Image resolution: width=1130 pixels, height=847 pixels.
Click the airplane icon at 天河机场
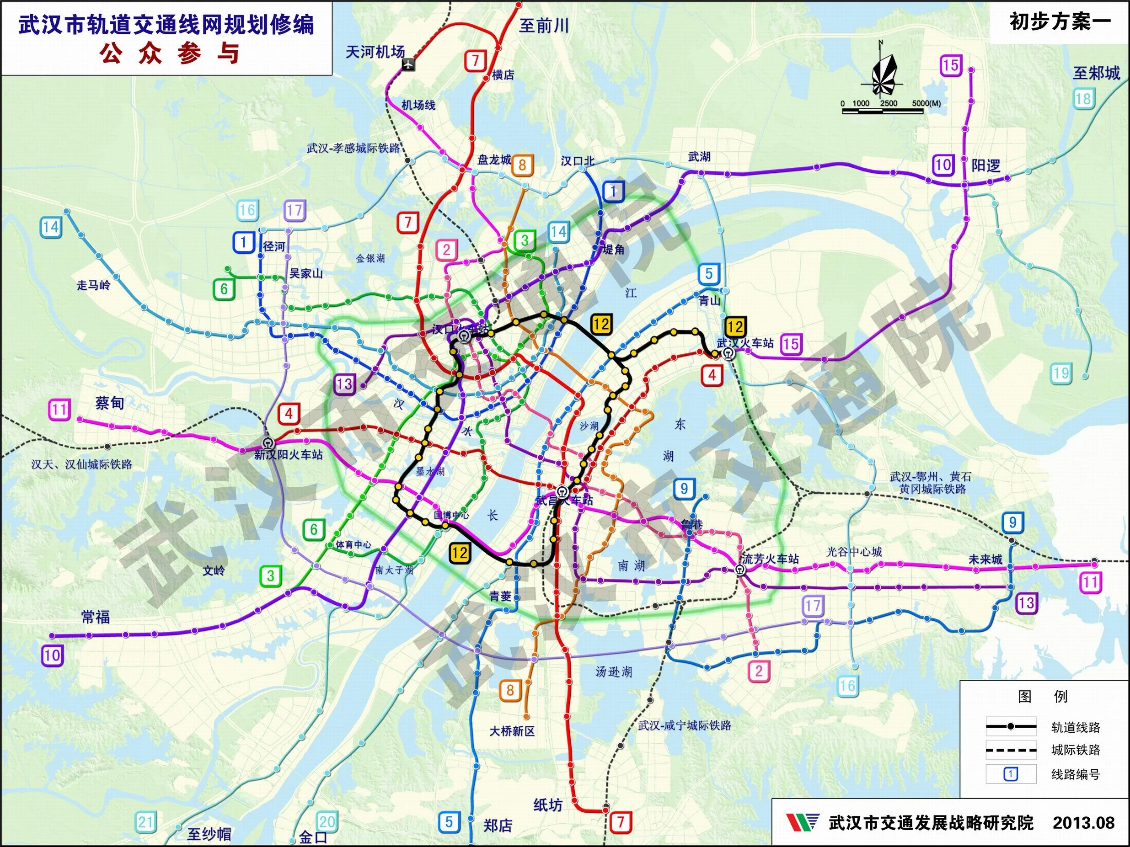point(409,64)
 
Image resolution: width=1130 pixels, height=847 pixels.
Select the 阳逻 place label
point(985,166)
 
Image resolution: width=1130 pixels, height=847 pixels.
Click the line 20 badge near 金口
point(327,821)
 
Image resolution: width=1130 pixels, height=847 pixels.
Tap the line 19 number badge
point(1060,373)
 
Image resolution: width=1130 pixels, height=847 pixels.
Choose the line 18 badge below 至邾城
point(1082,99)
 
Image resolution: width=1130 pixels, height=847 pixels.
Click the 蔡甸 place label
point(109,403)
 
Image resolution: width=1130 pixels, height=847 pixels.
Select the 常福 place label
point(96,617)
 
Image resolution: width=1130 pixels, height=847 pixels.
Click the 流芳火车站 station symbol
point(739,570)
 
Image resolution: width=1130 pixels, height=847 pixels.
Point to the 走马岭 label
point(93,285)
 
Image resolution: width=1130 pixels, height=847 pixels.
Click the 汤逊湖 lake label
point(614,671)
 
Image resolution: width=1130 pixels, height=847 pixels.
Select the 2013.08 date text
point(1083,822)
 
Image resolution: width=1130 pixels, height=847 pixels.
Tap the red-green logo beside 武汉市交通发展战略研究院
point(803,822)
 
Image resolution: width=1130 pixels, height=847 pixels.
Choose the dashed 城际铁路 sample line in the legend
point(1011,751)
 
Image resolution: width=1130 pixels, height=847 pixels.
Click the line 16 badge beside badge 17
point(247,210)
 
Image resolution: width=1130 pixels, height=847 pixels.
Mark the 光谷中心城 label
point(854,552)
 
